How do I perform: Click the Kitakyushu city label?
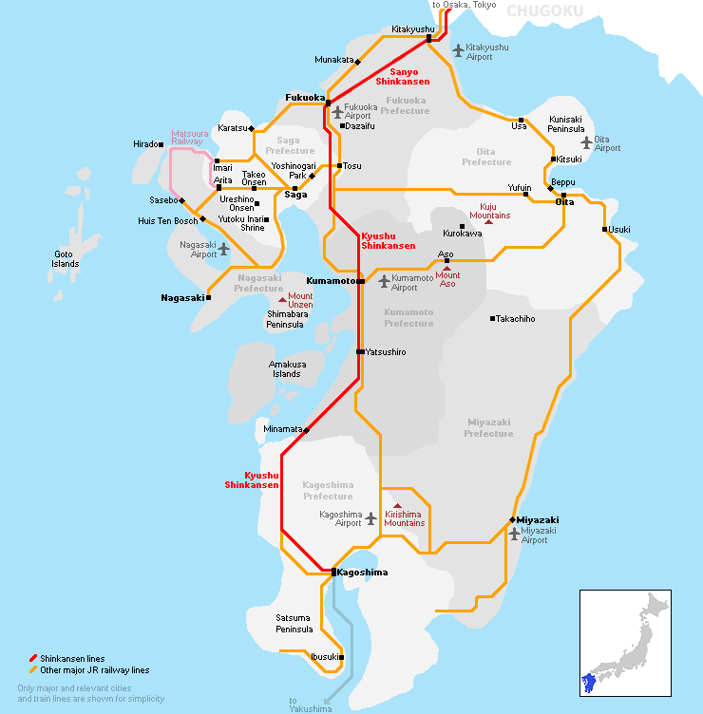tap(412, 29)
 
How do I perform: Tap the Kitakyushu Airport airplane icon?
tap(458, 50)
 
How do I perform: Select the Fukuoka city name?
tap(305, 97)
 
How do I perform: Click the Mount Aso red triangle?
tap(446, 269)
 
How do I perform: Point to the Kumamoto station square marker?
tap(361, 281)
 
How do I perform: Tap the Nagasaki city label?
tap(182, 297)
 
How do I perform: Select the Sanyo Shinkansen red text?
tap(396, 77)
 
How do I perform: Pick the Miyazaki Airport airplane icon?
tap(514, 535)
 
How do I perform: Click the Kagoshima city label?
tap(363, 573)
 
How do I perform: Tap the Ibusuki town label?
tap(323, 656)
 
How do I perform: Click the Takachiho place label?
tap(516, 319)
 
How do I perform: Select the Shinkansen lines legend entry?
tap(72, 659)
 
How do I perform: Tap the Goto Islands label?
tap(66, 258)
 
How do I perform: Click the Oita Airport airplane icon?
tap(587, 142)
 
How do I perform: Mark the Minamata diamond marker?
tap(306, 429)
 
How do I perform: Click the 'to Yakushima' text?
tap(312, 704)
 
